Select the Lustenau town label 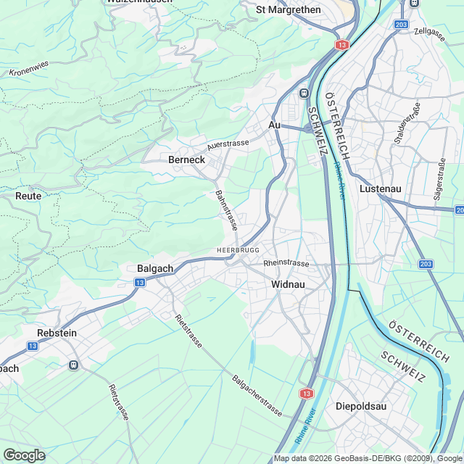coord(381,188)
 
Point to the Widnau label coord(288,284)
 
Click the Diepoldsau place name coord(361,406)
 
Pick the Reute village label coord(28,196)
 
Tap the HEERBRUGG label coord(238,250)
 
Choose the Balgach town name coord(155,268)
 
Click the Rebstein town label coord(57,332)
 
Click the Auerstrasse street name coord(228,144)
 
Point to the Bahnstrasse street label coord(225,210)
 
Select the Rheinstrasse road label coord(287,263)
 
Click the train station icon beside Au coord(303,93)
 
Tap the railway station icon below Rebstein coord(73,365)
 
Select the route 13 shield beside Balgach coord(139,282)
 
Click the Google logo coord(24,455)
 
